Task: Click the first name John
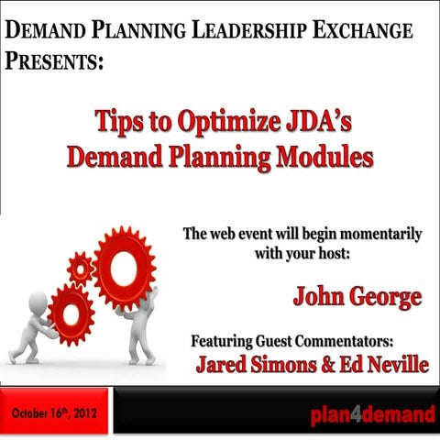pos(320,296)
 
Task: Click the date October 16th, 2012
pos(55,413)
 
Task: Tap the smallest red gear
pos(81,269)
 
